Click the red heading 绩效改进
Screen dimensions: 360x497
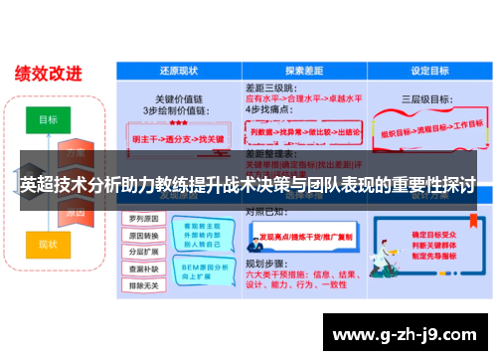(49, 74)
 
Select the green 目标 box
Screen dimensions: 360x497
(48, 119)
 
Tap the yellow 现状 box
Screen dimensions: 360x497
(48, 244)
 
